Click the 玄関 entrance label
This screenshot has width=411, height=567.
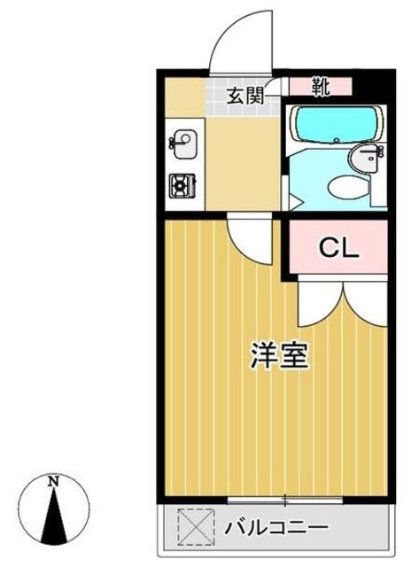tap(245, 97)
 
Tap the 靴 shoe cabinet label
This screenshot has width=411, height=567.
tap(321, 86)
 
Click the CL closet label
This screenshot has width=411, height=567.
tap(338, 247)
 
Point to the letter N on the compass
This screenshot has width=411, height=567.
tap(54, 482)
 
